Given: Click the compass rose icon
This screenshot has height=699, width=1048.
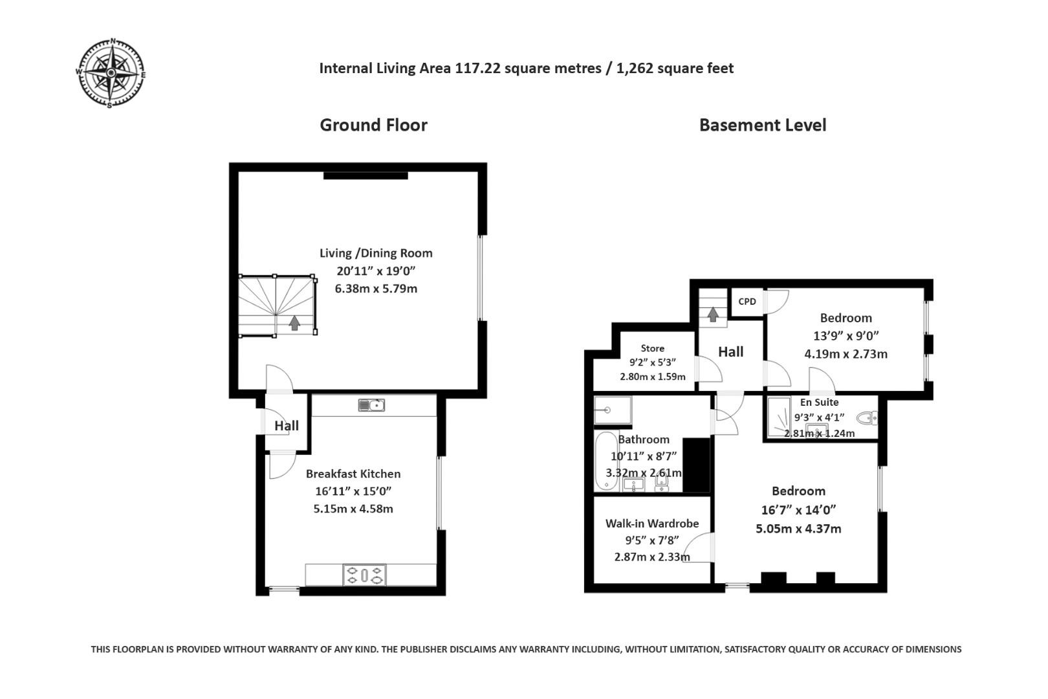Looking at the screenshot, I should pos(111,73).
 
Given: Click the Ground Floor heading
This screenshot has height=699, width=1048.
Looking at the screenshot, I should pos(373,125).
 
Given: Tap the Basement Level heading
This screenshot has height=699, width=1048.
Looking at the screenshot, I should pos(762,125).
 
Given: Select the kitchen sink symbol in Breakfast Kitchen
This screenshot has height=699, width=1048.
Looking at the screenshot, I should pos(371,405).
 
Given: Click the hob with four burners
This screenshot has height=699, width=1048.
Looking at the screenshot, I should pos(364,575).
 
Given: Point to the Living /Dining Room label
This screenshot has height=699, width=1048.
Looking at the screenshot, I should pos(376,253).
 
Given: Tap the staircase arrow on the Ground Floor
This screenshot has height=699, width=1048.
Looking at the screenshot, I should pos(294,322).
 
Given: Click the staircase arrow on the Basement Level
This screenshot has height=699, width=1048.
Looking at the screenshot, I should pos(712,314).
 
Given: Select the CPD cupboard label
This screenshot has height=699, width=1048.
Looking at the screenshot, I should pos(747,302).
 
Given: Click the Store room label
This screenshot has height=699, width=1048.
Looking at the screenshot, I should pos(652,348).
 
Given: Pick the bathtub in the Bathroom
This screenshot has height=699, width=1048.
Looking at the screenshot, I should pos(606,461).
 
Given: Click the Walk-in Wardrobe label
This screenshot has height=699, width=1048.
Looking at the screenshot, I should pos(651,524).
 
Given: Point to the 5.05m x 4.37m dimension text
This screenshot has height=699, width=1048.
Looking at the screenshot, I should pos(798,529).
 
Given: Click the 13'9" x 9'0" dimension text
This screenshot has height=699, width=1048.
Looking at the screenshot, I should pos(846,336).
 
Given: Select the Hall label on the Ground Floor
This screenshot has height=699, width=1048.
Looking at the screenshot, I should pos(286,425).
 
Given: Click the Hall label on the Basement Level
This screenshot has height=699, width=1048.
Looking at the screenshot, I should pos(730,351).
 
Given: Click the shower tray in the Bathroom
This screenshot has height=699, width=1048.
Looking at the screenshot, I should pos(613,410).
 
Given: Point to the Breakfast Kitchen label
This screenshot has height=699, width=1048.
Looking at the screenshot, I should pos(353,474).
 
